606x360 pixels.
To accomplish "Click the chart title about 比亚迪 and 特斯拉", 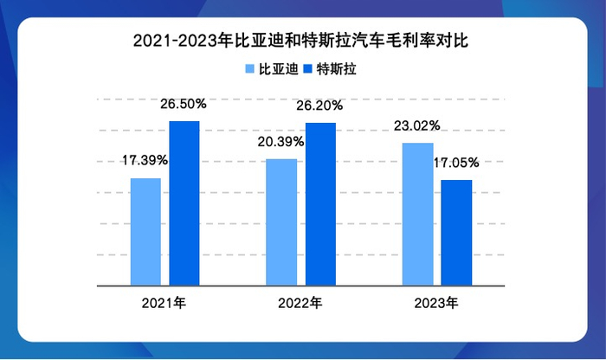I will point(302,40).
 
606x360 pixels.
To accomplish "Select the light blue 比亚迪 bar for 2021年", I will point(145,231).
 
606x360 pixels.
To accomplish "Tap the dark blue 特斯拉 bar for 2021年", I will point(184,202).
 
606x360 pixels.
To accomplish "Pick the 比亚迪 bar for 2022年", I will point(281,222).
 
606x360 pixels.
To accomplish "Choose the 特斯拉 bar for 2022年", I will point(320,203).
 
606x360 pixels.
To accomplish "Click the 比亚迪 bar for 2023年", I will point(417,213).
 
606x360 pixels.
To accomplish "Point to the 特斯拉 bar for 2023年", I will point(456,232).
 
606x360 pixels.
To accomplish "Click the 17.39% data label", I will point(145,161).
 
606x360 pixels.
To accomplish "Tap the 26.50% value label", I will point(184,104).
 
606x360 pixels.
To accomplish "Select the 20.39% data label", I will point(280,142).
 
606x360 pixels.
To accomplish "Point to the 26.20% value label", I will point(320,106).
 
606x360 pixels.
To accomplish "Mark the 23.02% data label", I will point(416,125).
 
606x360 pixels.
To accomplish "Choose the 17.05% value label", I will point(456,163).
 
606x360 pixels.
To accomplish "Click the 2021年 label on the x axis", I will point(165,303).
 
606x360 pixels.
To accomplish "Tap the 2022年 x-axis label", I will point(300,303).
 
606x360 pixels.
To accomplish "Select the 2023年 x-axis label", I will point(436,303).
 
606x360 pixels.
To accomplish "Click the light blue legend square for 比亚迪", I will point(250,68).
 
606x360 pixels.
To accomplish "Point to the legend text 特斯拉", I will point(337,68).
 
